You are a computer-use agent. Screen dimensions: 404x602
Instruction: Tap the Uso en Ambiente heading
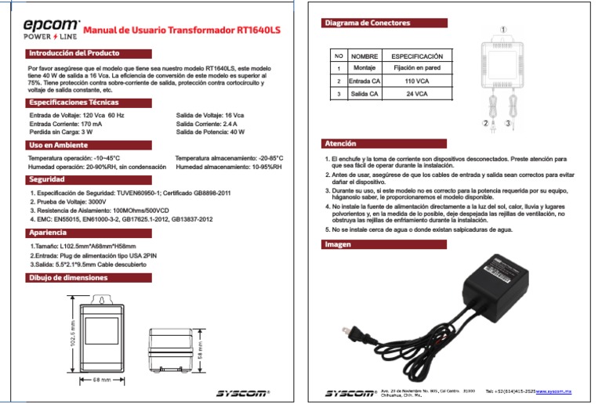pyautogui.click(x=59, y=146)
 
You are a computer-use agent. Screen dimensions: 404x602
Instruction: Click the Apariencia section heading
pyautogui.click(x=53, y=233)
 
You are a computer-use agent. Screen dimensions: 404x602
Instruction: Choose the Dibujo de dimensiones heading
pyautogui.click(x=74, y=277)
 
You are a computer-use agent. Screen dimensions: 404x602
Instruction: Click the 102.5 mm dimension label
pyautogui.click(x=73, y=334)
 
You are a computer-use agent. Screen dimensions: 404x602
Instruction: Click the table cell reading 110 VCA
pyautogui.click(x=416, y=81)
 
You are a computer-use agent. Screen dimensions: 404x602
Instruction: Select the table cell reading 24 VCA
pyautogui.click(x=416, y=93)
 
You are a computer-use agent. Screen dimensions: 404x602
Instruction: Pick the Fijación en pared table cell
pyautogui.click(x=416, y=69)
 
